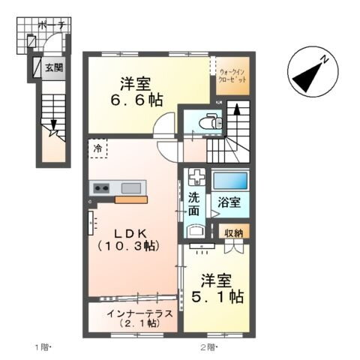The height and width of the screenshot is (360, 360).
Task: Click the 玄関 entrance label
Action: point(53,68)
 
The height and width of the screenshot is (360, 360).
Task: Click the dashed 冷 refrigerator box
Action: point(99,148)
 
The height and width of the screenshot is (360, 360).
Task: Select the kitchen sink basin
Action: point(130,187)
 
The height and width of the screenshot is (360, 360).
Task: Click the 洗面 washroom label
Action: point(195,205)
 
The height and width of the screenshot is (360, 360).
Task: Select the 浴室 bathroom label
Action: point(229,202)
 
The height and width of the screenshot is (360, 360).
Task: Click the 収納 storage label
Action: point(233,232)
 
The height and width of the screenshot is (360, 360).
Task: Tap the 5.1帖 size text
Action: point(217,289)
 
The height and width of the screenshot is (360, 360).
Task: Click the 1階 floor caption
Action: point(42,347)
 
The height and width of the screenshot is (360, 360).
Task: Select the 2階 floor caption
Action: point(208,347)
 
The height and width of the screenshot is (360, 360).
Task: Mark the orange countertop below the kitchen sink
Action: point(130,199)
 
